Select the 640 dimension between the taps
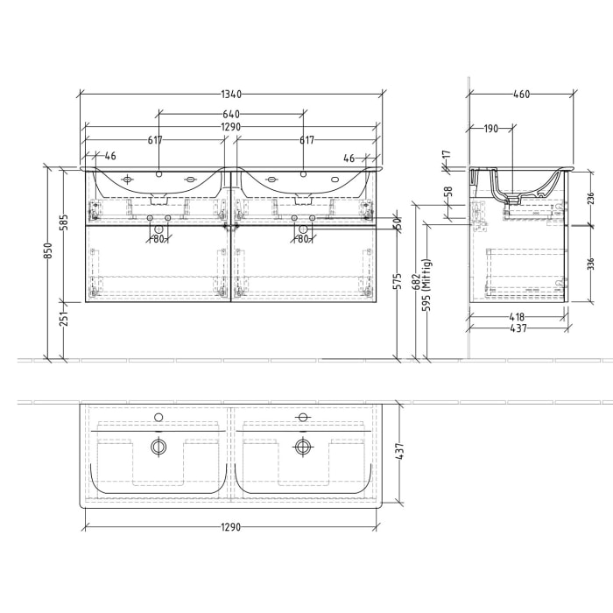(231, 114)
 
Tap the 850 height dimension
(49, 251)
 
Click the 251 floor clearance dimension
(63, 321)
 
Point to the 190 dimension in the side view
(490, 129)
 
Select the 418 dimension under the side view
(515, 317)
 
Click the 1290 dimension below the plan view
(229, 527)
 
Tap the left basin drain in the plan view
(159, 447)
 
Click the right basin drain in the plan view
(303, 447)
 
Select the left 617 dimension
(155, 140)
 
